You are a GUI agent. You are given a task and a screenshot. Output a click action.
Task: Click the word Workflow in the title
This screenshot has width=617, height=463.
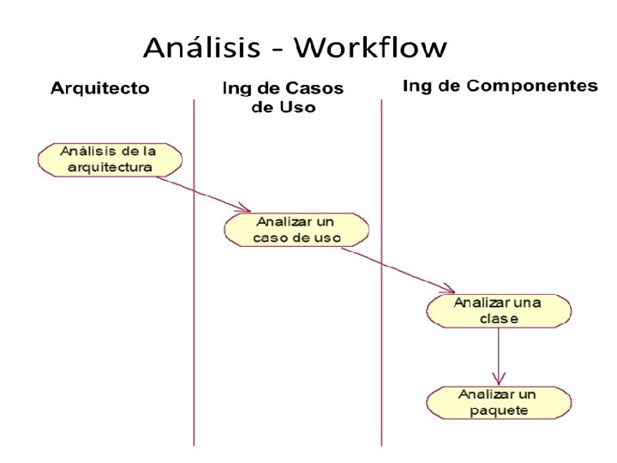pos(370,47)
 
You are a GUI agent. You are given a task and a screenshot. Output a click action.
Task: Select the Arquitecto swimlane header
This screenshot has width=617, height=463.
pos(99,88)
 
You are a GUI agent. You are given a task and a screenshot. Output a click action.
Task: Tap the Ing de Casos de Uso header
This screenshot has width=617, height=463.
pos(282,97)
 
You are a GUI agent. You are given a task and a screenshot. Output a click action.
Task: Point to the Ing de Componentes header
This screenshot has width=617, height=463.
pos(500,87)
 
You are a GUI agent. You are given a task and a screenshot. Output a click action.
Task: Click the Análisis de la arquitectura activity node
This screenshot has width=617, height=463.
pos(111,159)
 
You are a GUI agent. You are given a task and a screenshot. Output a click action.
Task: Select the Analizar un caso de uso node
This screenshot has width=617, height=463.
pos(297,229)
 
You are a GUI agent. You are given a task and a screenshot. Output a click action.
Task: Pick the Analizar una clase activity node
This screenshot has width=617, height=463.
pos(498,310)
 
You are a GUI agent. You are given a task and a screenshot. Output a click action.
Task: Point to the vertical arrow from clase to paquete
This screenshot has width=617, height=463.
pos(498,352)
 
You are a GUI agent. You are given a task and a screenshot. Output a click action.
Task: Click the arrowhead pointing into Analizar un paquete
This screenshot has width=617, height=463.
pos(498,378)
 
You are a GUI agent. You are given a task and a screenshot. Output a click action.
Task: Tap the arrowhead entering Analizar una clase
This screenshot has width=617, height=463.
pos(448,289)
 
